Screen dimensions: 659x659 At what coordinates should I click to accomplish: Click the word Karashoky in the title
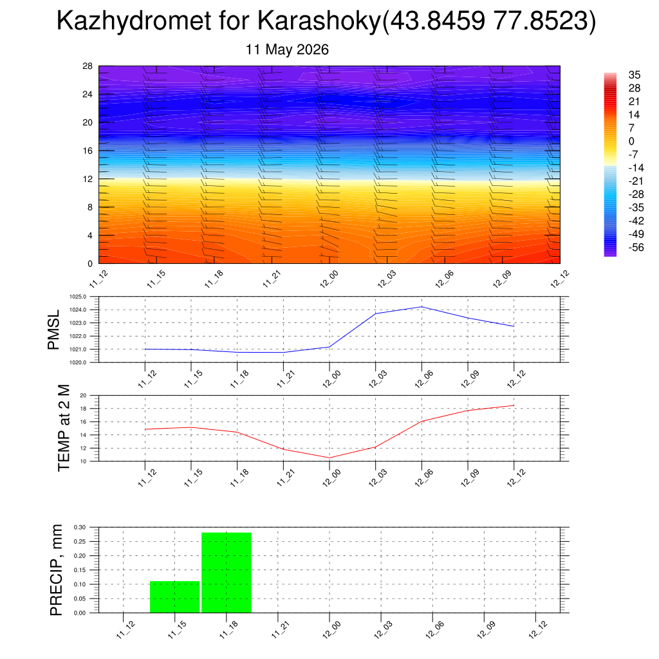pyautogui.click(x=319, y=21)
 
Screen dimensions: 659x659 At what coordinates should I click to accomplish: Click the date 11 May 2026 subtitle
pyautogui.click(x=287, y=50)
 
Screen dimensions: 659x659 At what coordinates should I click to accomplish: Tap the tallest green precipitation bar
pyautogui.click(x=227, y=572)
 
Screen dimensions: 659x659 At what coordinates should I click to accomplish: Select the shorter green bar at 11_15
pyautogui.click(x=175, y=597)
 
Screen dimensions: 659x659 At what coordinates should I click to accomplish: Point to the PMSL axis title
pyautogui.click(x=54, y=330)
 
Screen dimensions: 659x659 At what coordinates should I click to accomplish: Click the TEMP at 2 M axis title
pyautogui.click(x=64, y=428)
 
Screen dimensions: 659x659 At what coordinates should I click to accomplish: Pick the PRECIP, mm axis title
pyautogui.click(x=56, y=570)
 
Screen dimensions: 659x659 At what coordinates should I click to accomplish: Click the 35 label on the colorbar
pyautogui.click(x=634, y=75)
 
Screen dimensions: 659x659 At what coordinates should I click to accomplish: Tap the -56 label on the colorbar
pyautogui.click(x=636, y=248)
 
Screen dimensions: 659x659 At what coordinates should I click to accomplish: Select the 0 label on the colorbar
pyautogui.click(x=631, y=141)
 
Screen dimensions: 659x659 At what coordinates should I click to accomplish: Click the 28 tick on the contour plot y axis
pyautogui.click(x=88, y=66)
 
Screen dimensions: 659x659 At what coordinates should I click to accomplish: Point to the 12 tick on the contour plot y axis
pyautogui.click(x=88, y=179)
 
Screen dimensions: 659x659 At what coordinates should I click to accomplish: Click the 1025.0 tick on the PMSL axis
pyautogui.click(x=78, y=297)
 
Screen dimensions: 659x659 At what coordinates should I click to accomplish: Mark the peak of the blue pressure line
pyautogui.click(x=422, y=307)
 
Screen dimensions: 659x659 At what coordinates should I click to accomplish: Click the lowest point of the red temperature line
pyautogui.click(x=329, y=458)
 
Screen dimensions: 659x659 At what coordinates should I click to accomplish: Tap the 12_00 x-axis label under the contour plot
pyautogui.click(x=329, y=279)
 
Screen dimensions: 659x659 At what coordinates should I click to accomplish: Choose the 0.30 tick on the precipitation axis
pyautogui.click(x=80, y=527)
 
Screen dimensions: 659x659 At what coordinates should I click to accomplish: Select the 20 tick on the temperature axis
pyautogui.click(x=83, y=396)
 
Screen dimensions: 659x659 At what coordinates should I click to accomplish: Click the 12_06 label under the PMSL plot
pyautogui.click(x=423, y=379)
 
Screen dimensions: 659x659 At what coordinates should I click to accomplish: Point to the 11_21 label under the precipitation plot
pyautogui.click(x=281, y=629)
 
